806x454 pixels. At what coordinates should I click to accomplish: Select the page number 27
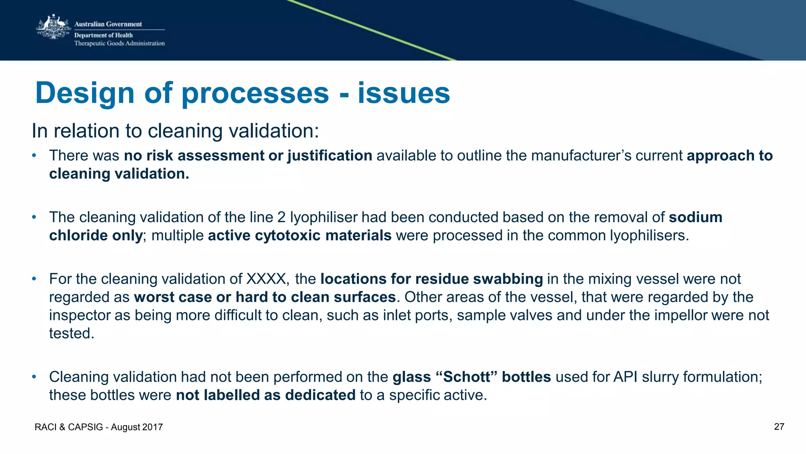click(x=779, y=427)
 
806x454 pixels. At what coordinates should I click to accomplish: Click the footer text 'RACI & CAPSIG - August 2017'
click(x=99, y=427)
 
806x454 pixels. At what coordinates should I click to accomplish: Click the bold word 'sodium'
click(x=695, y=217)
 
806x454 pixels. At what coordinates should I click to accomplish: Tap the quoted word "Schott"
click(x=467, y=377)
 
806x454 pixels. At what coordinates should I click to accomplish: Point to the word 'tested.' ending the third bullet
click(x=72, y=333)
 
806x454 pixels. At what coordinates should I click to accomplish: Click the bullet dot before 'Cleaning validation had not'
click(x=34, y=377)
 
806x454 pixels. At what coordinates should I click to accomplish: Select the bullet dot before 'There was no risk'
click(x=34, y=156)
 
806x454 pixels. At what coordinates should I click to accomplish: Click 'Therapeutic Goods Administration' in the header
click(x=120, y=43)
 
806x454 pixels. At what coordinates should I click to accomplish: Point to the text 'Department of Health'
click(x=104, y=35)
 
